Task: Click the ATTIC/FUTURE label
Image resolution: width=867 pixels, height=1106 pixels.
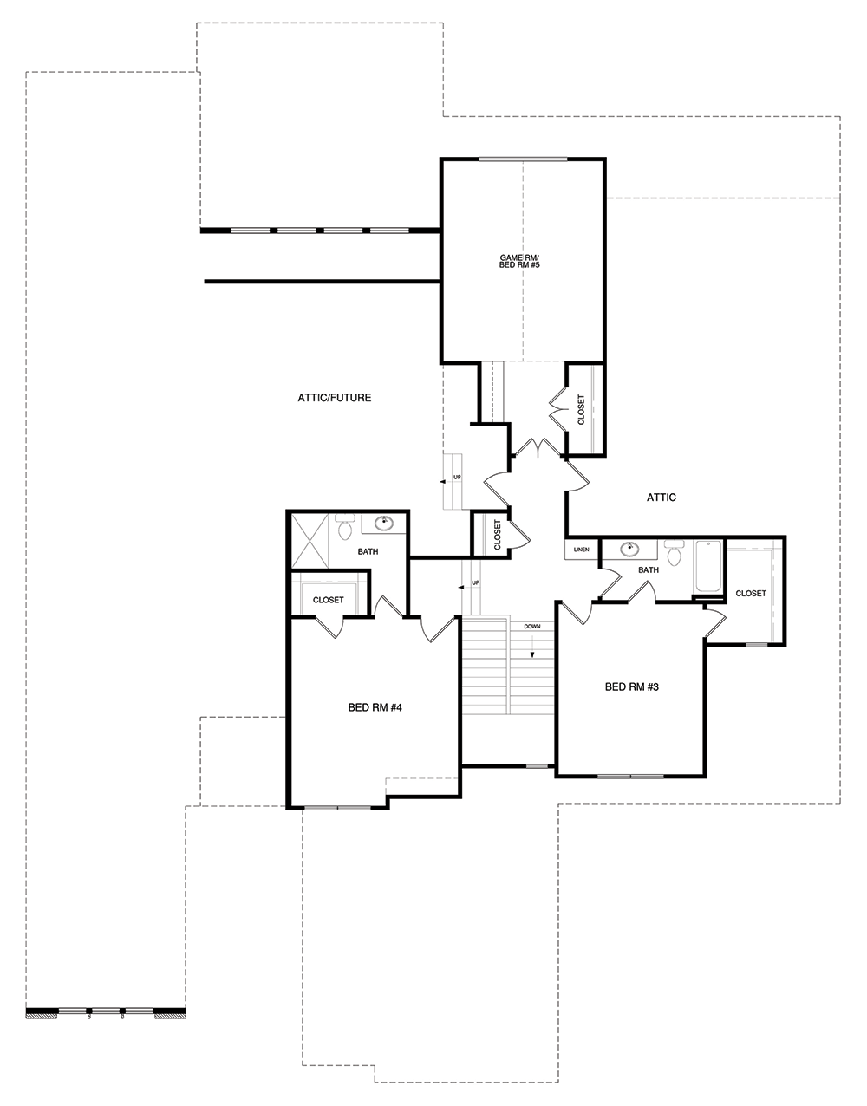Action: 335,398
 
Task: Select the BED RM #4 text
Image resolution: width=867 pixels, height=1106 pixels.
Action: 375,707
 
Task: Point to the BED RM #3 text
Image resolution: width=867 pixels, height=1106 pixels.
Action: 632,686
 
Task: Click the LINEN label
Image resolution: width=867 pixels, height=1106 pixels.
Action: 582,550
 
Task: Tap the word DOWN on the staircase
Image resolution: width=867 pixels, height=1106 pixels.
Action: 532,626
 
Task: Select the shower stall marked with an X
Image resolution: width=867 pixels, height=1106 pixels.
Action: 310,541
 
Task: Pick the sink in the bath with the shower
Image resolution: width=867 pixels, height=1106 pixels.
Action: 383,523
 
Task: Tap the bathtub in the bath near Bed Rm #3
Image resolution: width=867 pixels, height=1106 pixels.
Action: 708,566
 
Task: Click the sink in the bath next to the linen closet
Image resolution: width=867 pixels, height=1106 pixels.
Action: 629,549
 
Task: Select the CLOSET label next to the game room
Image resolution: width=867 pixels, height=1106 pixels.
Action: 581,410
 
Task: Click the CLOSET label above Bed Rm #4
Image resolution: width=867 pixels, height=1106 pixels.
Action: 328,600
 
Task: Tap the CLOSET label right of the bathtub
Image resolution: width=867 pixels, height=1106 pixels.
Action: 751,594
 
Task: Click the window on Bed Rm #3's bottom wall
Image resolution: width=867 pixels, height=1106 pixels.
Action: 630,776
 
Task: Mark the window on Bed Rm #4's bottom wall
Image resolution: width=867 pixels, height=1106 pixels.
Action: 337,807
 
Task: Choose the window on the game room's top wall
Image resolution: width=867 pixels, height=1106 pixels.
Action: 523,159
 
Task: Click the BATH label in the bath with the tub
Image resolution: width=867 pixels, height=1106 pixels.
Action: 649,570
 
